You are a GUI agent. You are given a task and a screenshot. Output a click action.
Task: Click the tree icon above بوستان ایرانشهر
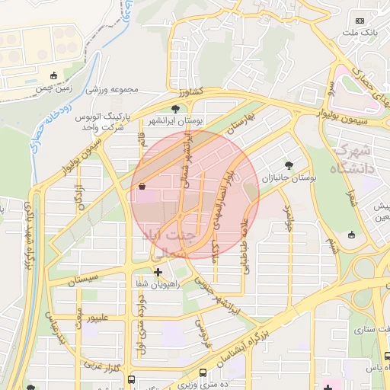[x=176, y=109]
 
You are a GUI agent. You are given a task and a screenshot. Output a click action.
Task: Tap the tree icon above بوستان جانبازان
[x=288, y=165]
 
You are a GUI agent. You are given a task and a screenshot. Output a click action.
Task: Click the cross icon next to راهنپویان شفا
[x=158, y=271]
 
